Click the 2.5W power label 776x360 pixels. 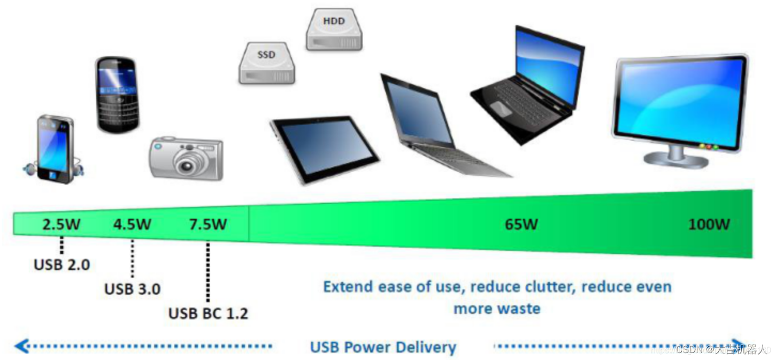point(62,224)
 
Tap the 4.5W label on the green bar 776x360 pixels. point(132,224)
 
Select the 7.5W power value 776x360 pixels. point(208,224)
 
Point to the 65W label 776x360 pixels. point(521,224)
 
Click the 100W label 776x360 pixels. point(709,224)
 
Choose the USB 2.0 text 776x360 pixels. point(62,264)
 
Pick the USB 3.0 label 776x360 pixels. point(132,289)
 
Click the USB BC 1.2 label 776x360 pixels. point(208,313)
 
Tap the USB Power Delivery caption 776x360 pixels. point(383,347)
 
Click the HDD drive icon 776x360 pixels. point(334,30)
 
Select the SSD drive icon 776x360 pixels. point(266,63)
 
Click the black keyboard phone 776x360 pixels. point(117,94)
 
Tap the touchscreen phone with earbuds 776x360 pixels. point(55,149)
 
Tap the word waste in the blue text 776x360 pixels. point(519,309)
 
